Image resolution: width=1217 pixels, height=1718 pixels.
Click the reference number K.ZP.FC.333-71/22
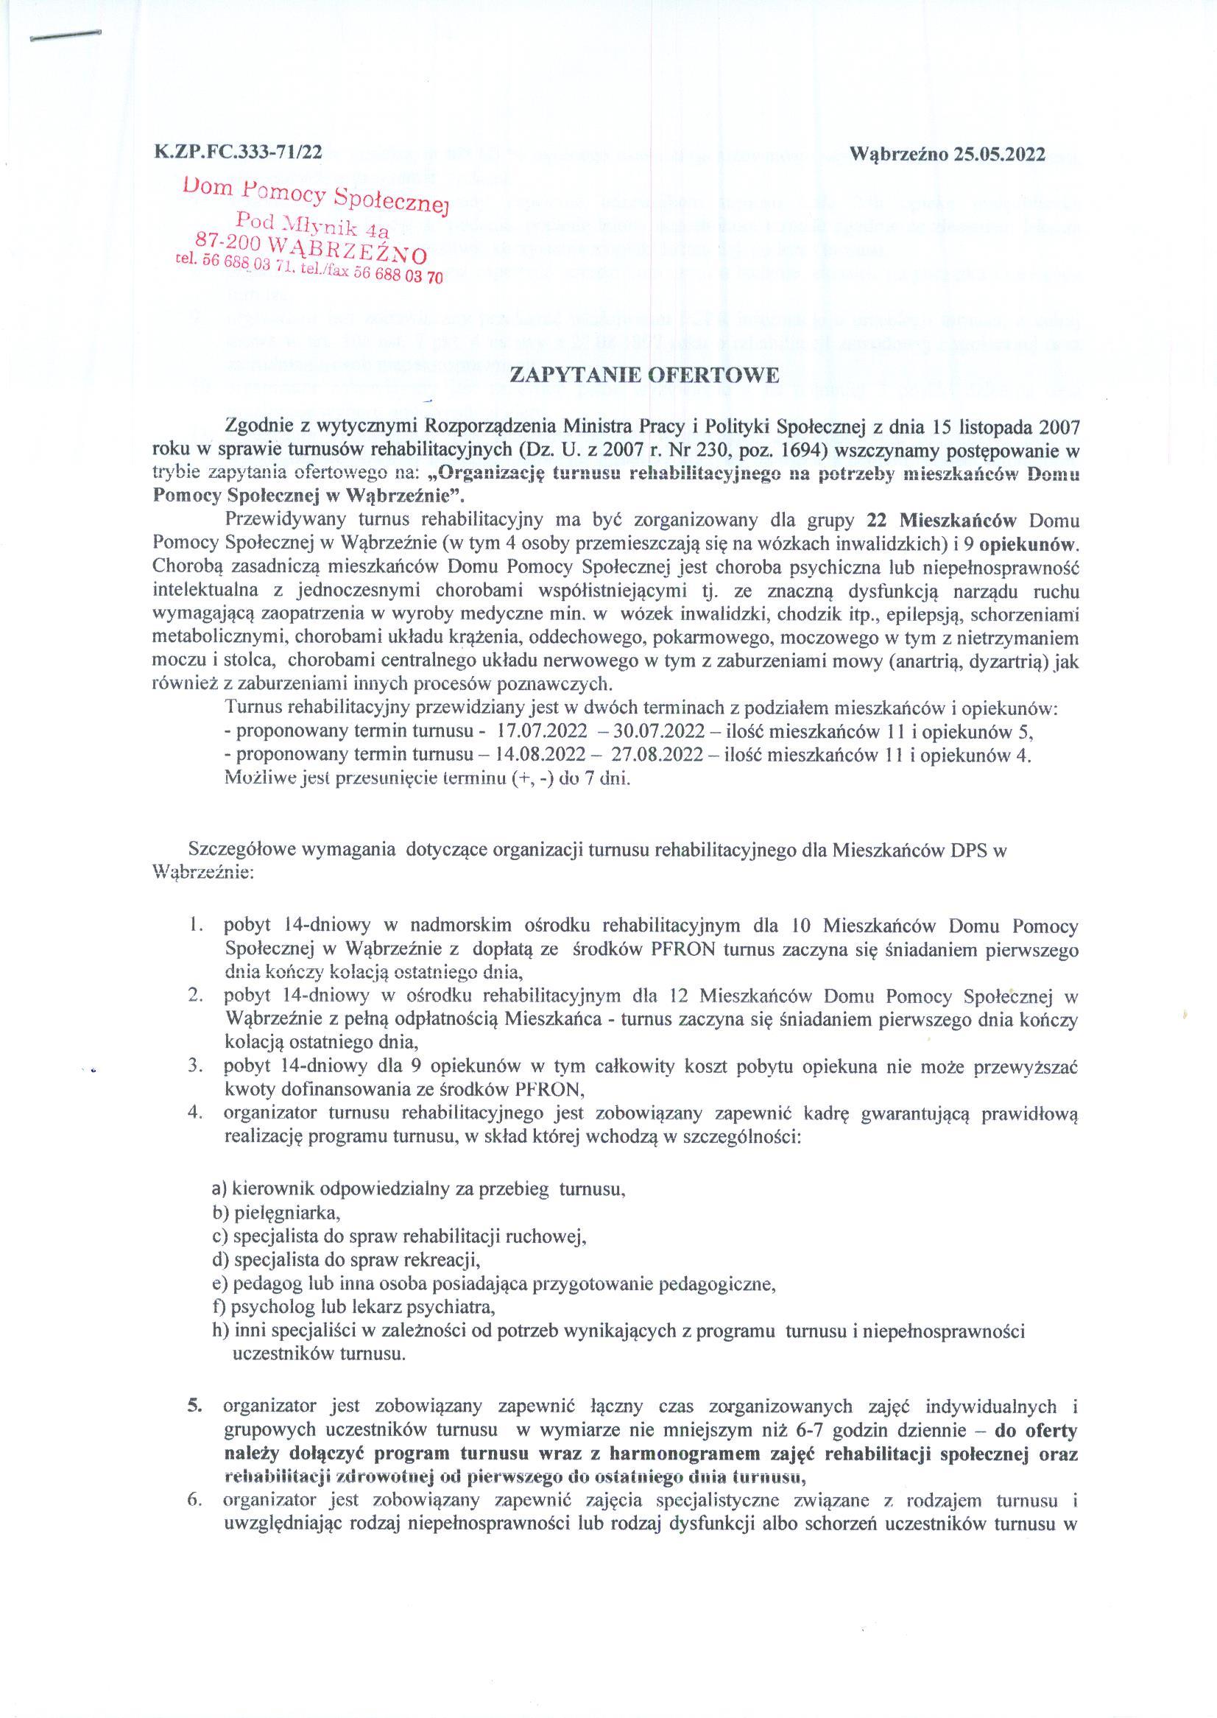[238, 153]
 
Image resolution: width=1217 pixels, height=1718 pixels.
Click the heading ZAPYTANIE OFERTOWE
[607, 376]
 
